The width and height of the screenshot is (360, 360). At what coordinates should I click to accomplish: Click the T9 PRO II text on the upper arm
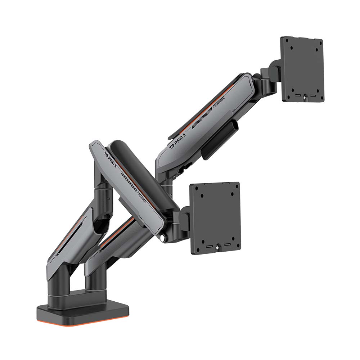click(x=177, y=141)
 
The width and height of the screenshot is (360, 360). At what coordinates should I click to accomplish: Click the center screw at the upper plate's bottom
click(x=305, y=96)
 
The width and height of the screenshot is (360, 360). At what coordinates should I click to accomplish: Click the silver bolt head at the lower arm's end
click(x=165, y=238)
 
